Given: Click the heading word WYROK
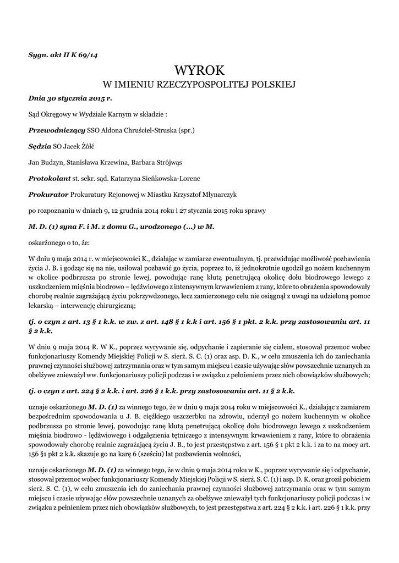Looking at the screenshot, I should (200, 70).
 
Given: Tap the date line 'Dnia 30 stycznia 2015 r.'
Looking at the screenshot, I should (70, 98).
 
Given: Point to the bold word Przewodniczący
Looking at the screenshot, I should (56, 131).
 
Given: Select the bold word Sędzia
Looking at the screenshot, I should (39, 147).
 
